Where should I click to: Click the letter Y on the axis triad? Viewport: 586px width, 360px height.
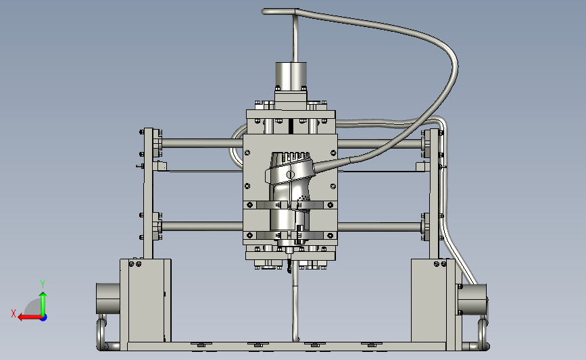(x=43, y=284)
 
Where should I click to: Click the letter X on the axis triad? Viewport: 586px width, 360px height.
(x=14, y=313)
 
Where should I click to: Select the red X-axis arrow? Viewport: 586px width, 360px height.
(x=30, y=317)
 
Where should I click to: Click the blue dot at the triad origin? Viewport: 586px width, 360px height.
(x=44, y=318)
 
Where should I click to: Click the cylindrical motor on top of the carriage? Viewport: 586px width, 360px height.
(x=291, y=76)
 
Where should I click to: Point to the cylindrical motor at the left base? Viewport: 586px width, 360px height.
(x=108, y=299)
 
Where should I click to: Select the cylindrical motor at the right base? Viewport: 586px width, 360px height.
(x=472, y=299)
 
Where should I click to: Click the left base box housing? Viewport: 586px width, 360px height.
(x=145, y=300)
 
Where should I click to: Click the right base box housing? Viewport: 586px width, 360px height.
(x=433, y=300)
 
